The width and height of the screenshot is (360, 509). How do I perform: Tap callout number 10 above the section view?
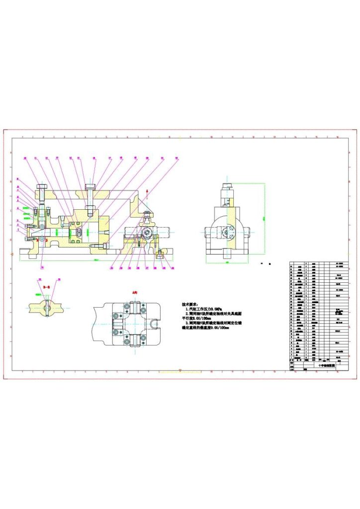point(25,158)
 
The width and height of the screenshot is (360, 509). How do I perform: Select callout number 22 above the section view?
point(176,158)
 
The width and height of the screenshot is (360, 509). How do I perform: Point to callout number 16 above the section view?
point(93,158)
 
